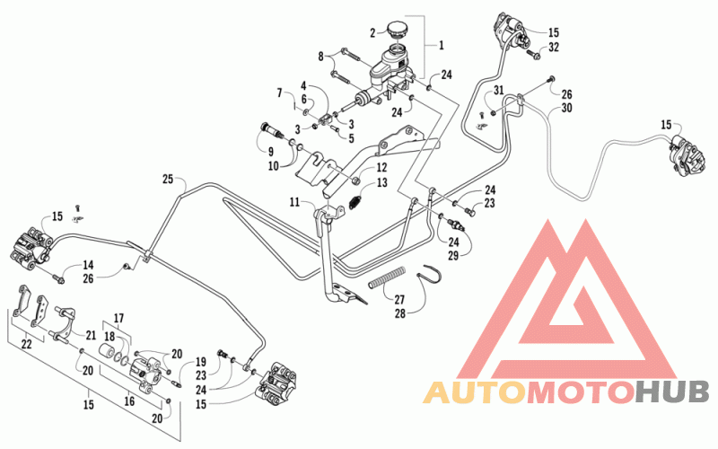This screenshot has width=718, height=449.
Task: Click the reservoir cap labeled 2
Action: point(398,30)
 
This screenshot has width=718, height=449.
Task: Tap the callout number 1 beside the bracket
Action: point(441,46)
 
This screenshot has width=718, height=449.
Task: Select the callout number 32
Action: point(554,48)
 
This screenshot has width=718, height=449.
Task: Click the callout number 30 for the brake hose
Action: point(567,108)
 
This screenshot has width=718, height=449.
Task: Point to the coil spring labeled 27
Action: point(388,277)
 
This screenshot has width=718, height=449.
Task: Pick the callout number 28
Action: point(400,313)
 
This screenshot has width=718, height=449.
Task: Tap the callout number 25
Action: point(168,179)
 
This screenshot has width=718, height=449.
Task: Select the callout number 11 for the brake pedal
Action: point(294,202)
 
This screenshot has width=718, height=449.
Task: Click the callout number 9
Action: point(271,151)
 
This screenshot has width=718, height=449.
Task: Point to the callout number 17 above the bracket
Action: point(118,318)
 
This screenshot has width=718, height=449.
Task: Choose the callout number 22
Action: point(27,343)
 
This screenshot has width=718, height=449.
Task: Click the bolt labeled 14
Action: point(57,277)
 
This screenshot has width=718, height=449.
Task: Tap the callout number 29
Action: point(453,255)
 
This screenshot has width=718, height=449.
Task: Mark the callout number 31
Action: point(499,91)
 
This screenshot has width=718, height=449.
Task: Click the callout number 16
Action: point(129,401)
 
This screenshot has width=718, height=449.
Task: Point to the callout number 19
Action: point(201,361)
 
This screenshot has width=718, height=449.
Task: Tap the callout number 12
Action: point(381,168)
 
